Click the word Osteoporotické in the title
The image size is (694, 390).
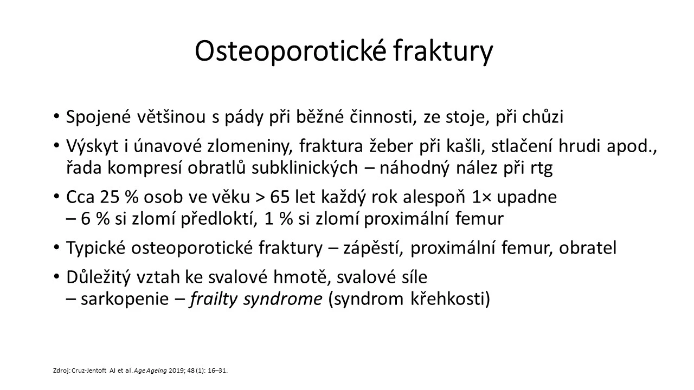[x=290, y=51]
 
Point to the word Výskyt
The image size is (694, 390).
[x=92, y=146]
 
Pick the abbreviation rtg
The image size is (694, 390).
[x=542, y=168]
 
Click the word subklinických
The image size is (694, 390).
[x=305, y=168]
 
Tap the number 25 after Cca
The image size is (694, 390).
[x=110, y=197]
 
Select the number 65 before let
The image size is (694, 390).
[x=280, y=197]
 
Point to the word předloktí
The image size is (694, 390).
[x=219, y=219]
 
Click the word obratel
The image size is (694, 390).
[x=587, y=248]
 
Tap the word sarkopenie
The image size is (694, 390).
[x=125, y=299]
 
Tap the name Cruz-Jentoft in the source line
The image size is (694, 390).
[x=89, y=370]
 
